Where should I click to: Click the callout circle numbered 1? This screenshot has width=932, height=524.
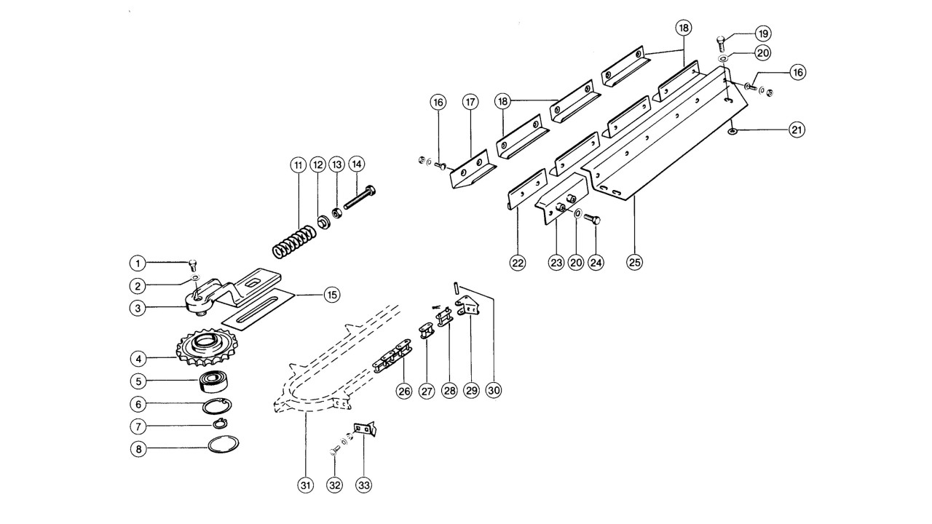[x=138, y=263]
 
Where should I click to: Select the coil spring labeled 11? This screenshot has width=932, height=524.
[x=293, y=240]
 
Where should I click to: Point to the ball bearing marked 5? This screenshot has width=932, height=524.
[x=214, y=381]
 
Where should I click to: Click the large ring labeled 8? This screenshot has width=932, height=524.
[x=224, y=444]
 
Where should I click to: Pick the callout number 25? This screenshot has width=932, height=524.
[x=634, y=263]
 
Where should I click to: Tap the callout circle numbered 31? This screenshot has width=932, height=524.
[x=306, y=485]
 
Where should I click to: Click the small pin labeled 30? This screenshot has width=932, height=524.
[x=457, y=287]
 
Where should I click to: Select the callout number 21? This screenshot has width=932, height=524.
[x=797, y=130]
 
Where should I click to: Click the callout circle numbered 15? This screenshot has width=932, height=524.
[x=331, y=295]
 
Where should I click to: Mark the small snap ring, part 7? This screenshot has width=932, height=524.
[x=220, y=424]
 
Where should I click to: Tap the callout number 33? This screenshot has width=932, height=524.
[x=364, y=485]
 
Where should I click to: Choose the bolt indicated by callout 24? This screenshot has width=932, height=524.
[x=592, y=218]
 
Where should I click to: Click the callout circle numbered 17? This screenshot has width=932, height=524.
[x=470, y=102]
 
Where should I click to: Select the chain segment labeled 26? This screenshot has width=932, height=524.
[x=391, y=357]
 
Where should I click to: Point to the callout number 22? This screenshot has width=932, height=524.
[x=518, y=263]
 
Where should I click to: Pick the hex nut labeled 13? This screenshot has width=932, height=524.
[x=336, y=214]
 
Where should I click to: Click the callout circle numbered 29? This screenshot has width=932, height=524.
[x=471, y=391]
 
